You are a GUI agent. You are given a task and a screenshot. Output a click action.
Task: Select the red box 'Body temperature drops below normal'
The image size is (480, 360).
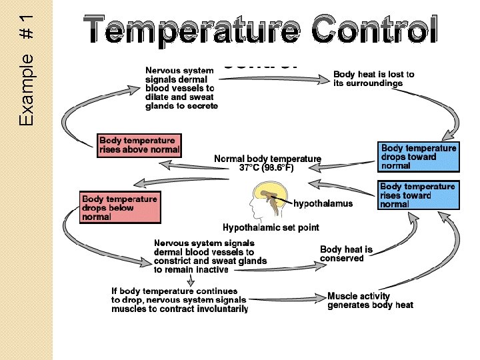coord(121,207)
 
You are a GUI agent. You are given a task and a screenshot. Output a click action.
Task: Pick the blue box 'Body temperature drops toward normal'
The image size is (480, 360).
coord(419,157)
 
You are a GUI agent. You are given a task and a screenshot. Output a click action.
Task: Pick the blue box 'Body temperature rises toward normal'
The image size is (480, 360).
coord(419,195)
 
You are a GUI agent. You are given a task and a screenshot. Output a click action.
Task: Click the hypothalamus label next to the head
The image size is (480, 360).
coord(323,203)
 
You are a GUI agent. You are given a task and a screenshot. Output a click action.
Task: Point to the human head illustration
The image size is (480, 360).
coord(267,200)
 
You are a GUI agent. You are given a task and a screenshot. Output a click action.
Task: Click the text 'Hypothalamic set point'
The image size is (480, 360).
coord(271,227)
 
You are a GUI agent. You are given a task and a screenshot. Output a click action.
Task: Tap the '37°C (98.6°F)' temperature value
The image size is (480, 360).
coord(267,168)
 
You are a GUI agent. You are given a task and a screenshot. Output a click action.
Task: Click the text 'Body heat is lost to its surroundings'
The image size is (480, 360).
coord(373,79)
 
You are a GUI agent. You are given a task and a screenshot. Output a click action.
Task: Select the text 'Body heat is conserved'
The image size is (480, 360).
coord(346,254)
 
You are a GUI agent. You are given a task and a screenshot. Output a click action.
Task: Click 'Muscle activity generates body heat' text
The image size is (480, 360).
coord(370,301)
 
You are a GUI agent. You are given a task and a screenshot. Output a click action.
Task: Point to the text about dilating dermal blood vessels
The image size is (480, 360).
coord(181,87)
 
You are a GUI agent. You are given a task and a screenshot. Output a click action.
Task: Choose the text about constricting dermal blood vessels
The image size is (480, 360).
coord(210,257)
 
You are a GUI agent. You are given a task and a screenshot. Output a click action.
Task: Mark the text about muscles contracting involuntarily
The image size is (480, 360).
coord(179,300)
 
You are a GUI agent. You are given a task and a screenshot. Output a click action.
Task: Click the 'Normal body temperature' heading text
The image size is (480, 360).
coord(267,159)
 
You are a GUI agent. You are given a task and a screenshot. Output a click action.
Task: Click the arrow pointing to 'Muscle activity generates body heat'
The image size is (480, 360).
coord(287,298)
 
